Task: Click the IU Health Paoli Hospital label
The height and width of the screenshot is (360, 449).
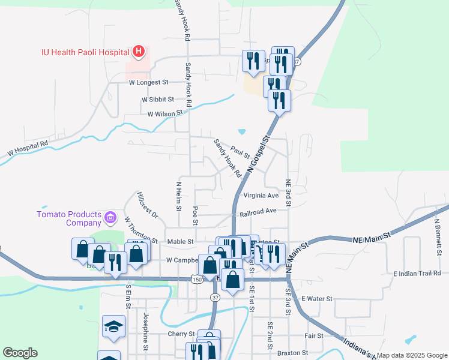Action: (x=85, y=52)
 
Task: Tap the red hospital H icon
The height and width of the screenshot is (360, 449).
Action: (x=139, y=52)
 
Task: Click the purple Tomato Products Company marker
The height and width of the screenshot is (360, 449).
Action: (x=110, y=217)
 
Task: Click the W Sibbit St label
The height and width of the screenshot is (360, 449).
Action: (x=158, y=99)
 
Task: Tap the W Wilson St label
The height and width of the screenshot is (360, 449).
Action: (x=165, y=113)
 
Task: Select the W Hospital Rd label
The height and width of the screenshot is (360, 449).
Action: (x=28, y=149)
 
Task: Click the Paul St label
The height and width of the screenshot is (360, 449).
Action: (x=239, y=154)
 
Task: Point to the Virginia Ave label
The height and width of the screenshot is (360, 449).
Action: (x=261, y=196)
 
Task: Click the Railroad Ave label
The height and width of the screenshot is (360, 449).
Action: (x=258, y=211)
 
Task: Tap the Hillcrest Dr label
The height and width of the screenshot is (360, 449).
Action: (x=146, y=206)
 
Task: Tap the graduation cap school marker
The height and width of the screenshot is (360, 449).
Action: (x=113, y=326)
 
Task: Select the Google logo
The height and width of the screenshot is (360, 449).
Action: (x=20, y=353)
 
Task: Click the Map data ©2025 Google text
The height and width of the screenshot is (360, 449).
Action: (x=411, y=355)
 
